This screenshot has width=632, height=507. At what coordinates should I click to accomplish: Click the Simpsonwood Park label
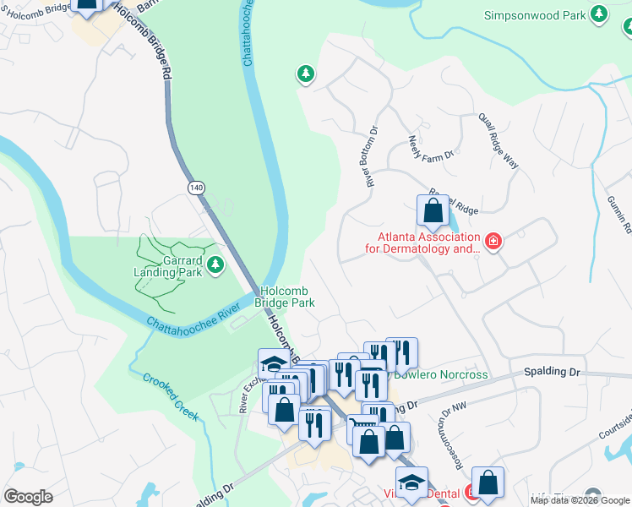pos(536,15)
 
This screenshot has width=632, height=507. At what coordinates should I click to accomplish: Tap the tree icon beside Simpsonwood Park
pos(599,14)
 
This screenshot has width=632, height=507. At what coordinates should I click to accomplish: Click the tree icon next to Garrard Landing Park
pos(216,265)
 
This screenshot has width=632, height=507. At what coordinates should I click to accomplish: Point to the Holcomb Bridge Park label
pos(287,296)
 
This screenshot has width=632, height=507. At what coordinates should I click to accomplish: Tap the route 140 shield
pos(197,188)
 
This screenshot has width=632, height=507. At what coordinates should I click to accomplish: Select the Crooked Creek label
pos(171,396)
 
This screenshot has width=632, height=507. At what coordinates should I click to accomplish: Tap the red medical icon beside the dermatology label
pos(494,243)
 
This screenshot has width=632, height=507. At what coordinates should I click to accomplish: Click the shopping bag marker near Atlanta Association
pos(433,212)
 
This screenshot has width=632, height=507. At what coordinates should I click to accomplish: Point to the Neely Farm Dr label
pos(431,148)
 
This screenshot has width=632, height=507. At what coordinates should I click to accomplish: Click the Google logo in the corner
pos(28,497)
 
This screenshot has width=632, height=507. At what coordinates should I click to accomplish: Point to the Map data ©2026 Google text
pos(580,499)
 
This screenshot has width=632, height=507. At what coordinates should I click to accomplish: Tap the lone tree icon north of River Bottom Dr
pos(305,74)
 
